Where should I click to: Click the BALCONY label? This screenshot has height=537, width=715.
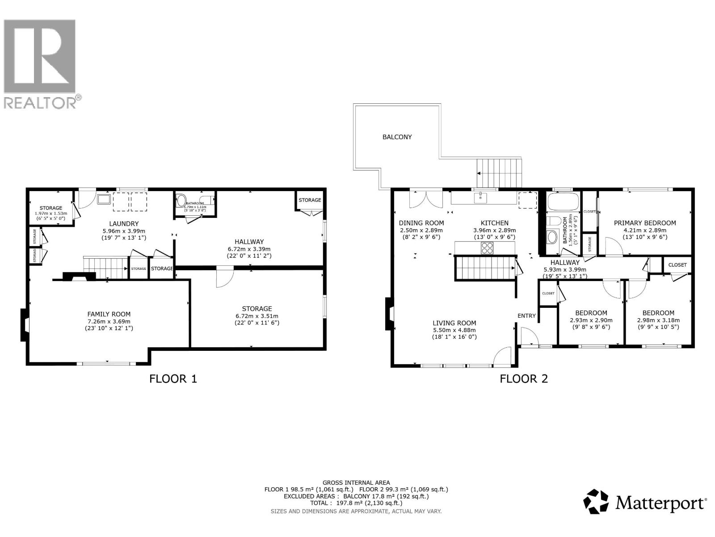[x=397, y=137]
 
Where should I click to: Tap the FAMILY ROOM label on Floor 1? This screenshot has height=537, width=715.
[x=109, y=314]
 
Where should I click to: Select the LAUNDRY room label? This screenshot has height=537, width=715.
[x=124, y=224]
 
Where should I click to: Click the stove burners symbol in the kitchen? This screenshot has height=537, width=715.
[x=487, y=248]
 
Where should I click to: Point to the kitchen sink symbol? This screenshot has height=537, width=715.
[x=480, y=197]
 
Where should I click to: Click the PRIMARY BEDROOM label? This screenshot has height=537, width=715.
[x=644, y=223]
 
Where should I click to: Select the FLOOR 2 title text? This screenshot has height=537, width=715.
[x=523, y=379]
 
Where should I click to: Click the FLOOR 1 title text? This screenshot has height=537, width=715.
[x=173, y=379]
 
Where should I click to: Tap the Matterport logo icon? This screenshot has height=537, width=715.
[x=596, y=502]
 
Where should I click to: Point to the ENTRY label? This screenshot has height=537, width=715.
[x=526, y=316]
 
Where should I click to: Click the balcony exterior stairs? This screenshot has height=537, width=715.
[x=499, y=173]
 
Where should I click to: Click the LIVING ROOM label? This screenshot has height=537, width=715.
[x=454, y=323]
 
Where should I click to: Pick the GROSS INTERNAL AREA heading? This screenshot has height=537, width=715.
[x=356, y=482]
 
